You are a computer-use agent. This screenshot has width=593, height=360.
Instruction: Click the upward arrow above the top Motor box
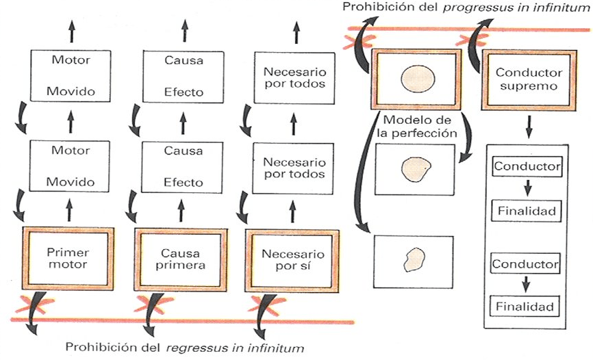pos(72,31)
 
